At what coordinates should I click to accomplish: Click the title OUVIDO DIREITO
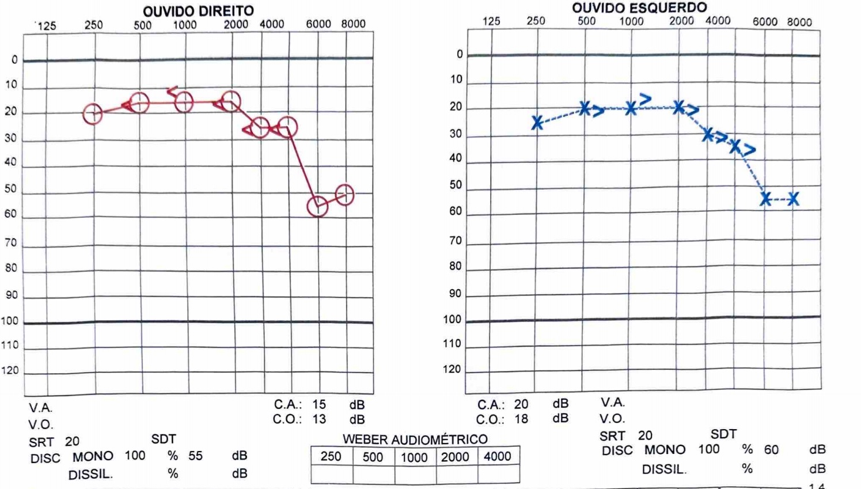click(x=198, y=11)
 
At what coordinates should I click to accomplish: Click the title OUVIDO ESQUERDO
click(x=639, y=8)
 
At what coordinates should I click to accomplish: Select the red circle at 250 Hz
click(x=93, y=114)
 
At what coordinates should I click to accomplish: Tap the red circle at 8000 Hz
click(x=344, y=195)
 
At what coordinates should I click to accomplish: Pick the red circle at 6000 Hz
click(x=317, y=206)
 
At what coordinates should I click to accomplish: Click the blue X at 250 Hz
click(x=537, y=123)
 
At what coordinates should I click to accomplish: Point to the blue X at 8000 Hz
click(x=794, y=199)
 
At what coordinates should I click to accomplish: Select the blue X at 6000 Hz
click(x=765, y=199)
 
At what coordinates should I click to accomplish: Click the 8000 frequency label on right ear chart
click(x=353, y=24)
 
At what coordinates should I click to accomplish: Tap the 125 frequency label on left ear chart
click(x=491, y=21)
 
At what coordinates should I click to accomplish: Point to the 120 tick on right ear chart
click(x=10, y=370)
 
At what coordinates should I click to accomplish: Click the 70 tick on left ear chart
click(x=456, y=241)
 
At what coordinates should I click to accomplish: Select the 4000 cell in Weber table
click(x=498, y=457)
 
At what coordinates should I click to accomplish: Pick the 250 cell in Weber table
click(x=331, y=457)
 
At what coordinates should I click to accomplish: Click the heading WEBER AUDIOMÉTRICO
click(x=415, y=439)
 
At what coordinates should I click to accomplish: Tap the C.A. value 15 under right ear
click(x=319, y=404)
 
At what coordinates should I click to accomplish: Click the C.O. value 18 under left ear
click(x=521, y=419)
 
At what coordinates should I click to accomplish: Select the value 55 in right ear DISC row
click(x=196, y=456)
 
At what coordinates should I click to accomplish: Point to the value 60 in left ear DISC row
click(x=771, y=449)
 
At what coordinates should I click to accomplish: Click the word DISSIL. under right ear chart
click(x=90, y=475)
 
